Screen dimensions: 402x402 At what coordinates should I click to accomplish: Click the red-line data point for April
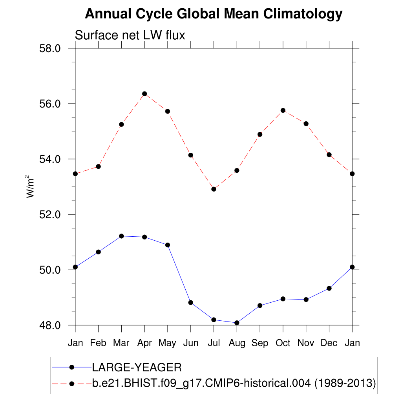(144, 94)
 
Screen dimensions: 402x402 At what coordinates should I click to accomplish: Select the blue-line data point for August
(237, 323)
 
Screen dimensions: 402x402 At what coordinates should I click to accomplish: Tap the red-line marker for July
(214, 189)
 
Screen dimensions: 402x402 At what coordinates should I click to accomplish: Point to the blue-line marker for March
(121, 236)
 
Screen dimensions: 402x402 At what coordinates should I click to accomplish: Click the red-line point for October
(283, 110)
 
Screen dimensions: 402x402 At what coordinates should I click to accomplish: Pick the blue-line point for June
(191, 302)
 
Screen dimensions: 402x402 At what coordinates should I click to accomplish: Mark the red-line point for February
(99, 166)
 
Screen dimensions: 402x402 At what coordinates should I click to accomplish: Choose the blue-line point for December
(329, 288)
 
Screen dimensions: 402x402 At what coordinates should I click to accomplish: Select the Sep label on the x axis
(260, 343)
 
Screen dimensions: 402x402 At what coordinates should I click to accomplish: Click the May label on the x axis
(168, 344)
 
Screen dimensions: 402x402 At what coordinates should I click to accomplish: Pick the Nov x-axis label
(306, 343)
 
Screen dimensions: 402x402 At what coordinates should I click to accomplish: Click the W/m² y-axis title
(30, 186)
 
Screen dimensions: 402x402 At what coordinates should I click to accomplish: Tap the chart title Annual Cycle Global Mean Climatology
(214, 14)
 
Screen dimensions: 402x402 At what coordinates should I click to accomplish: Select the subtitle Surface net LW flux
(130, 35)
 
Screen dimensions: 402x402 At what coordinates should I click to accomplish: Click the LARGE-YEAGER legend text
(137, 367)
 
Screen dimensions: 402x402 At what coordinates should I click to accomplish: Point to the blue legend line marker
(72, 367)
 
